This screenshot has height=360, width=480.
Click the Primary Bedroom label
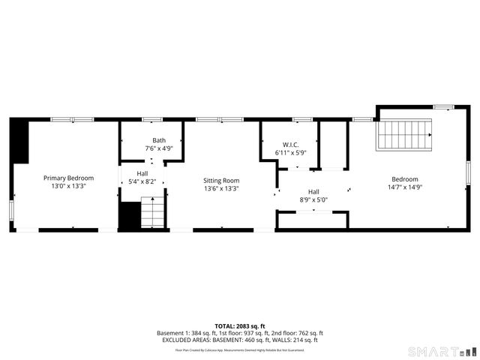tap(68, 178)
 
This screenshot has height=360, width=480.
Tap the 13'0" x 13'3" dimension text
tap(68, 186)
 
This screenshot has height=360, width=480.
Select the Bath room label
tap(159, 140)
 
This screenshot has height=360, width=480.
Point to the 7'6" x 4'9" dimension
tap(159, 148)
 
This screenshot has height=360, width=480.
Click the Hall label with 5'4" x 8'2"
tap(142, 174)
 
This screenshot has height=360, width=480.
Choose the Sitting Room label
tap(221, 181)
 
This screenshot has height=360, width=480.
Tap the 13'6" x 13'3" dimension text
tap(221, 189)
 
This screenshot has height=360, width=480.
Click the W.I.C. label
tap(291, 144)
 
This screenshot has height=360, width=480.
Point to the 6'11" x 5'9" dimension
tap(291, 153)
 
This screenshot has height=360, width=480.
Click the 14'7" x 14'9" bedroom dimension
tap(404, 187)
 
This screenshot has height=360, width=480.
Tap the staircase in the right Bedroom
tap(406, 134)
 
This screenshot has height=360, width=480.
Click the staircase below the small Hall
tap(152, 212)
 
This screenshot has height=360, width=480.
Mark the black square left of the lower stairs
tap(130, 216)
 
